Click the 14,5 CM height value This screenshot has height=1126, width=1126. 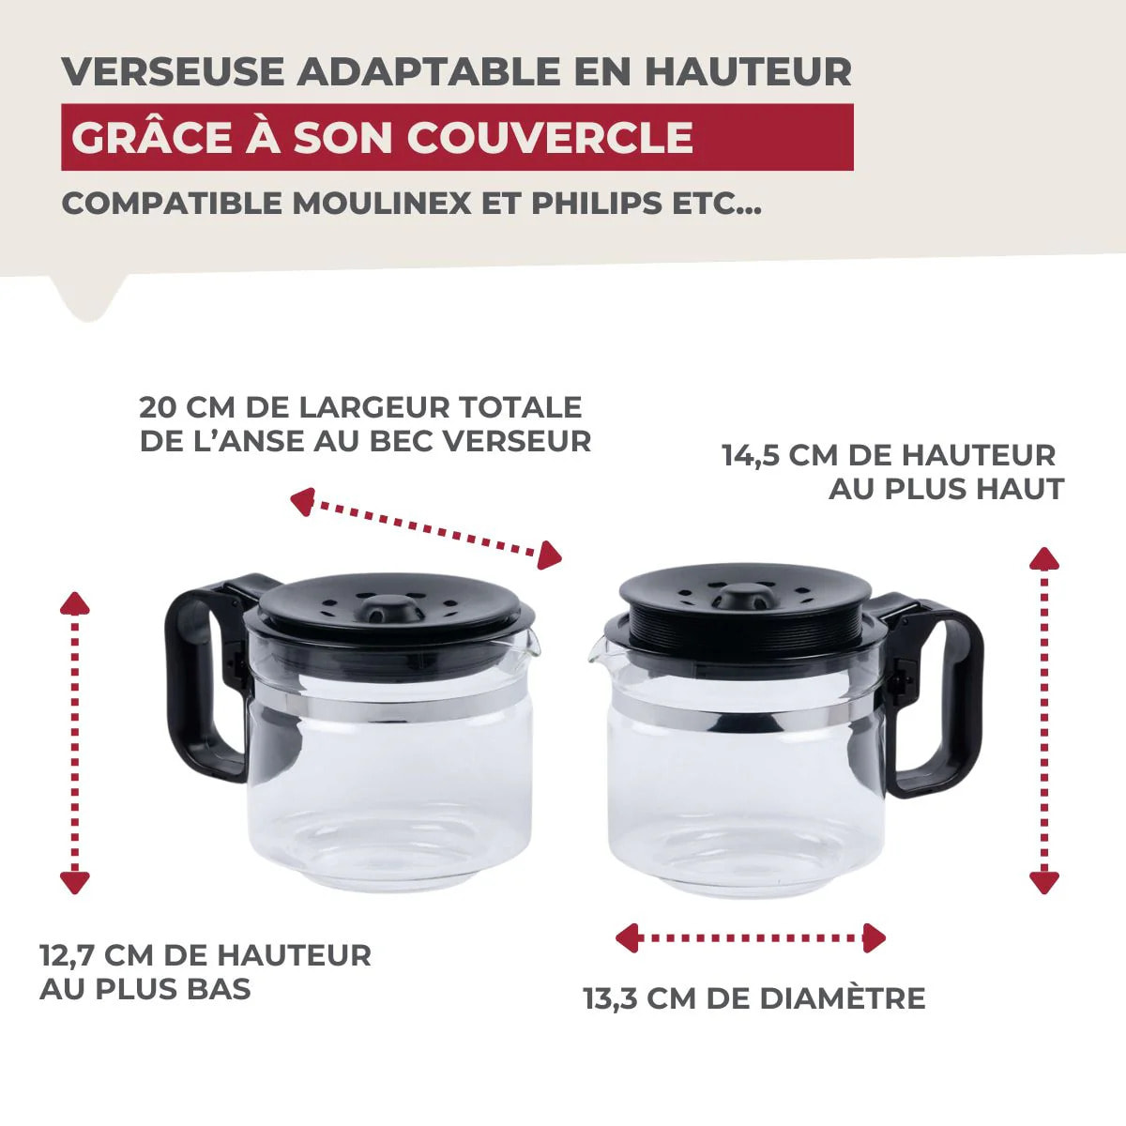click(x=779, y=456)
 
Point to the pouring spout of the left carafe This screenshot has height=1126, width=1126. click(x=532, y=642)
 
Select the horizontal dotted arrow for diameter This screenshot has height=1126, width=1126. click(x=750, y=937)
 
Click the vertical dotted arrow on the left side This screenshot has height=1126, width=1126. click(x=74, y=741)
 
